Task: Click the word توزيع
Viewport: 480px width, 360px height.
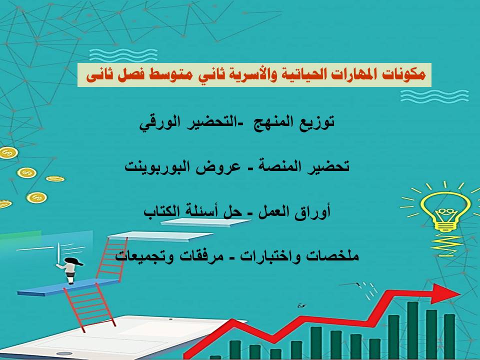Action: tap(317, 123)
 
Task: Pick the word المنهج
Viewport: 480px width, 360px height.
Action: tap(270, 123)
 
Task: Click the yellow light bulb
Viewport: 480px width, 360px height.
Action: tap(444, 212)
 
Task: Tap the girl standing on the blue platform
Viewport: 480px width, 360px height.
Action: tap(70, 270)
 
